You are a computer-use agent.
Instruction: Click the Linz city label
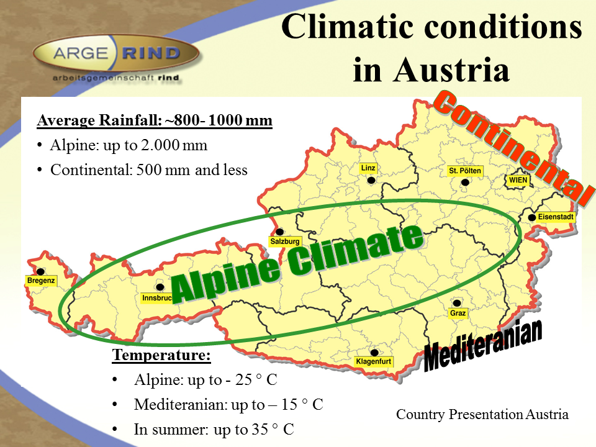click(x=368, y=168)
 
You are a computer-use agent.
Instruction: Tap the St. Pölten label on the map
click(x=465, y=171)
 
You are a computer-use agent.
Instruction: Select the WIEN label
click(x=518, y=180)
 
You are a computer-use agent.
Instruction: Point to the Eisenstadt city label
click(x=555, y=217)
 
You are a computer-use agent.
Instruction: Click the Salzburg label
click(x=285, y=242)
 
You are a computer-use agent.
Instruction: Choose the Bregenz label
click(x=41, y=281)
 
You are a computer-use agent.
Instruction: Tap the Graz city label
click(x=458, y=313)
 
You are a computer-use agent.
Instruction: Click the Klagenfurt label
click(x=373, y=361)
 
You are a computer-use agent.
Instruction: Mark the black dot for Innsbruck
click(x=160, y=287)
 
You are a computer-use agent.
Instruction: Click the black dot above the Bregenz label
click(x=40, y=271)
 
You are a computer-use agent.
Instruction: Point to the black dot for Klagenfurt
click(x=374, y=353)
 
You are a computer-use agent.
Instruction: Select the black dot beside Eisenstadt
click(x=532, y=217)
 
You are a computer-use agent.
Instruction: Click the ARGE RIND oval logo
click(x=116, y=53)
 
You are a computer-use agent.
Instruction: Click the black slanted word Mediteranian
click(x=483, y=345)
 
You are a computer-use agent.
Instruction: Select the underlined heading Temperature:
click(x=161, y=355)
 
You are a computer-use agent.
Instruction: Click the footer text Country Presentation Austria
click(x=482, y=414)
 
